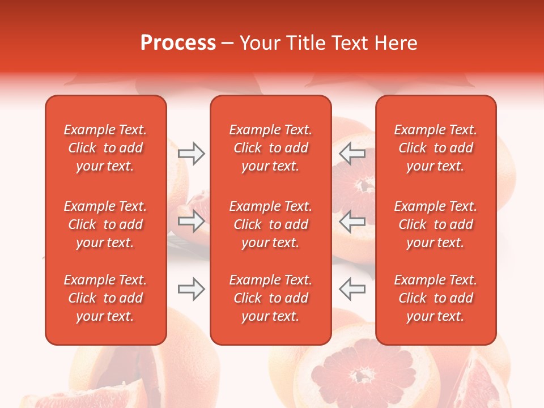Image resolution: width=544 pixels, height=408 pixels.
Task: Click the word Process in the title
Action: [x=178, y=43]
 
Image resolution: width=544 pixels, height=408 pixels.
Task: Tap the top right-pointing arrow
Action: [x=191, y=153]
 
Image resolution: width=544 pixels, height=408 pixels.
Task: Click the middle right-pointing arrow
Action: [x=191, y=221]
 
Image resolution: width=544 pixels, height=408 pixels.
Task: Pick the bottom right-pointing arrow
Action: [x=191, y=289]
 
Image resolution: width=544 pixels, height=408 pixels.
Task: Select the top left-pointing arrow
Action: [x=352, y=153]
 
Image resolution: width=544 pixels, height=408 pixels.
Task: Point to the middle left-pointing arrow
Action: [x=352, y=221]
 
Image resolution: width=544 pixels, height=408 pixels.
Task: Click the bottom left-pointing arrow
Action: [x=352, y=289]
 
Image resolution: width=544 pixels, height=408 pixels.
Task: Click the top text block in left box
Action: [x=105, y=148]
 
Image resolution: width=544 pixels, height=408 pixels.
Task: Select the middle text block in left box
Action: [x=105, y=224]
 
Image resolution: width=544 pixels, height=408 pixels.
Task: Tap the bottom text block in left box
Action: [x=105, y=298]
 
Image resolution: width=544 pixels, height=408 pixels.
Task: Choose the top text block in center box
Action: [x=271, y=148]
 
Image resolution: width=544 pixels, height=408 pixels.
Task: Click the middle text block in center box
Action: [x=271, y=224]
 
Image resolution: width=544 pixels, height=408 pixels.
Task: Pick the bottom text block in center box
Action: [x=271, y=298]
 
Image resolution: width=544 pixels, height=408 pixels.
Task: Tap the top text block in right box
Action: [x=436, y=148]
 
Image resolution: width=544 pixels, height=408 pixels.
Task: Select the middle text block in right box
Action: [x=436, y=224]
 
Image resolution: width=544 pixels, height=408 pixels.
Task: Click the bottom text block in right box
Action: [x=436, y=298]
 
